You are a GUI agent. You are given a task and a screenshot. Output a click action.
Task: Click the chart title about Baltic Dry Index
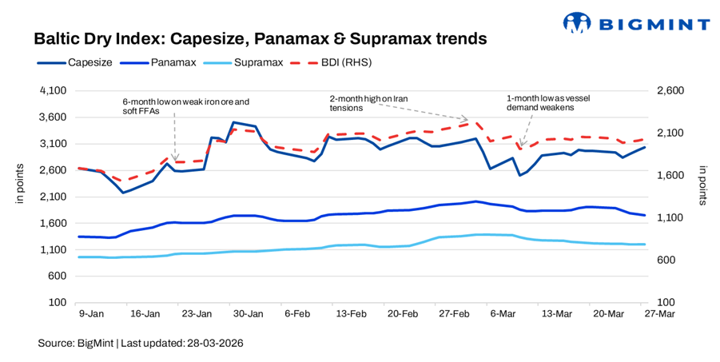261,38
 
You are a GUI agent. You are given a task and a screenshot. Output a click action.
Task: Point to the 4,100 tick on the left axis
52,91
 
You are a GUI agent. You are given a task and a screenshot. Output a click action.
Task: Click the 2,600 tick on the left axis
52,170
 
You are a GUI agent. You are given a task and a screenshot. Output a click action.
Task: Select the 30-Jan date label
249,314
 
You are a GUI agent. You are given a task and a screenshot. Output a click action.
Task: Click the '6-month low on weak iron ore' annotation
185,106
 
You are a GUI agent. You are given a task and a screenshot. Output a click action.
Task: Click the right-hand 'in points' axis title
702,185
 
